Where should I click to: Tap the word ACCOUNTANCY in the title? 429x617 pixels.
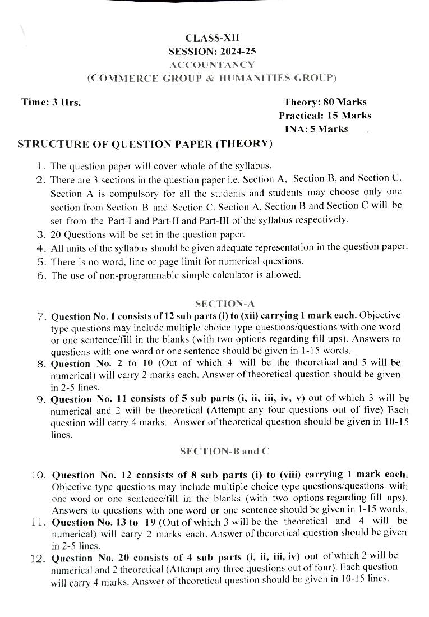(212, 65)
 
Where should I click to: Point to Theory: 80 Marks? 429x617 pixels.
(325, 102)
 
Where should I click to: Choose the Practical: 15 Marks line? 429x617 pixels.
(325, 116)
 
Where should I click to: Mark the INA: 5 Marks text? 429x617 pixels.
(316, 129)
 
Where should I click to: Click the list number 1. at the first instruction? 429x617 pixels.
(40, 166)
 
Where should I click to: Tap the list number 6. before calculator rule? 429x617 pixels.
(40, 275)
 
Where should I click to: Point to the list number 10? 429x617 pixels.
(38, 475)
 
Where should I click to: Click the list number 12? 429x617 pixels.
(38, 558)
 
